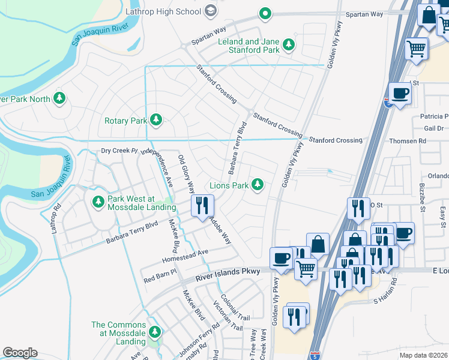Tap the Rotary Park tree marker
(x=156, y=120)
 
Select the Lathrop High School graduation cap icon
(x=211, y=11)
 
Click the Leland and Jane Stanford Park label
(x=253, y=46)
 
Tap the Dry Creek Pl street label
(x=119, y=151)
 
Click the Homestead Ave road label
(x=185, y=256)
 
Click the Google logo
(x=20, y=352)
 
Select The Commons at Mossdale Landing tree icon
(x=155, y=332)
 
